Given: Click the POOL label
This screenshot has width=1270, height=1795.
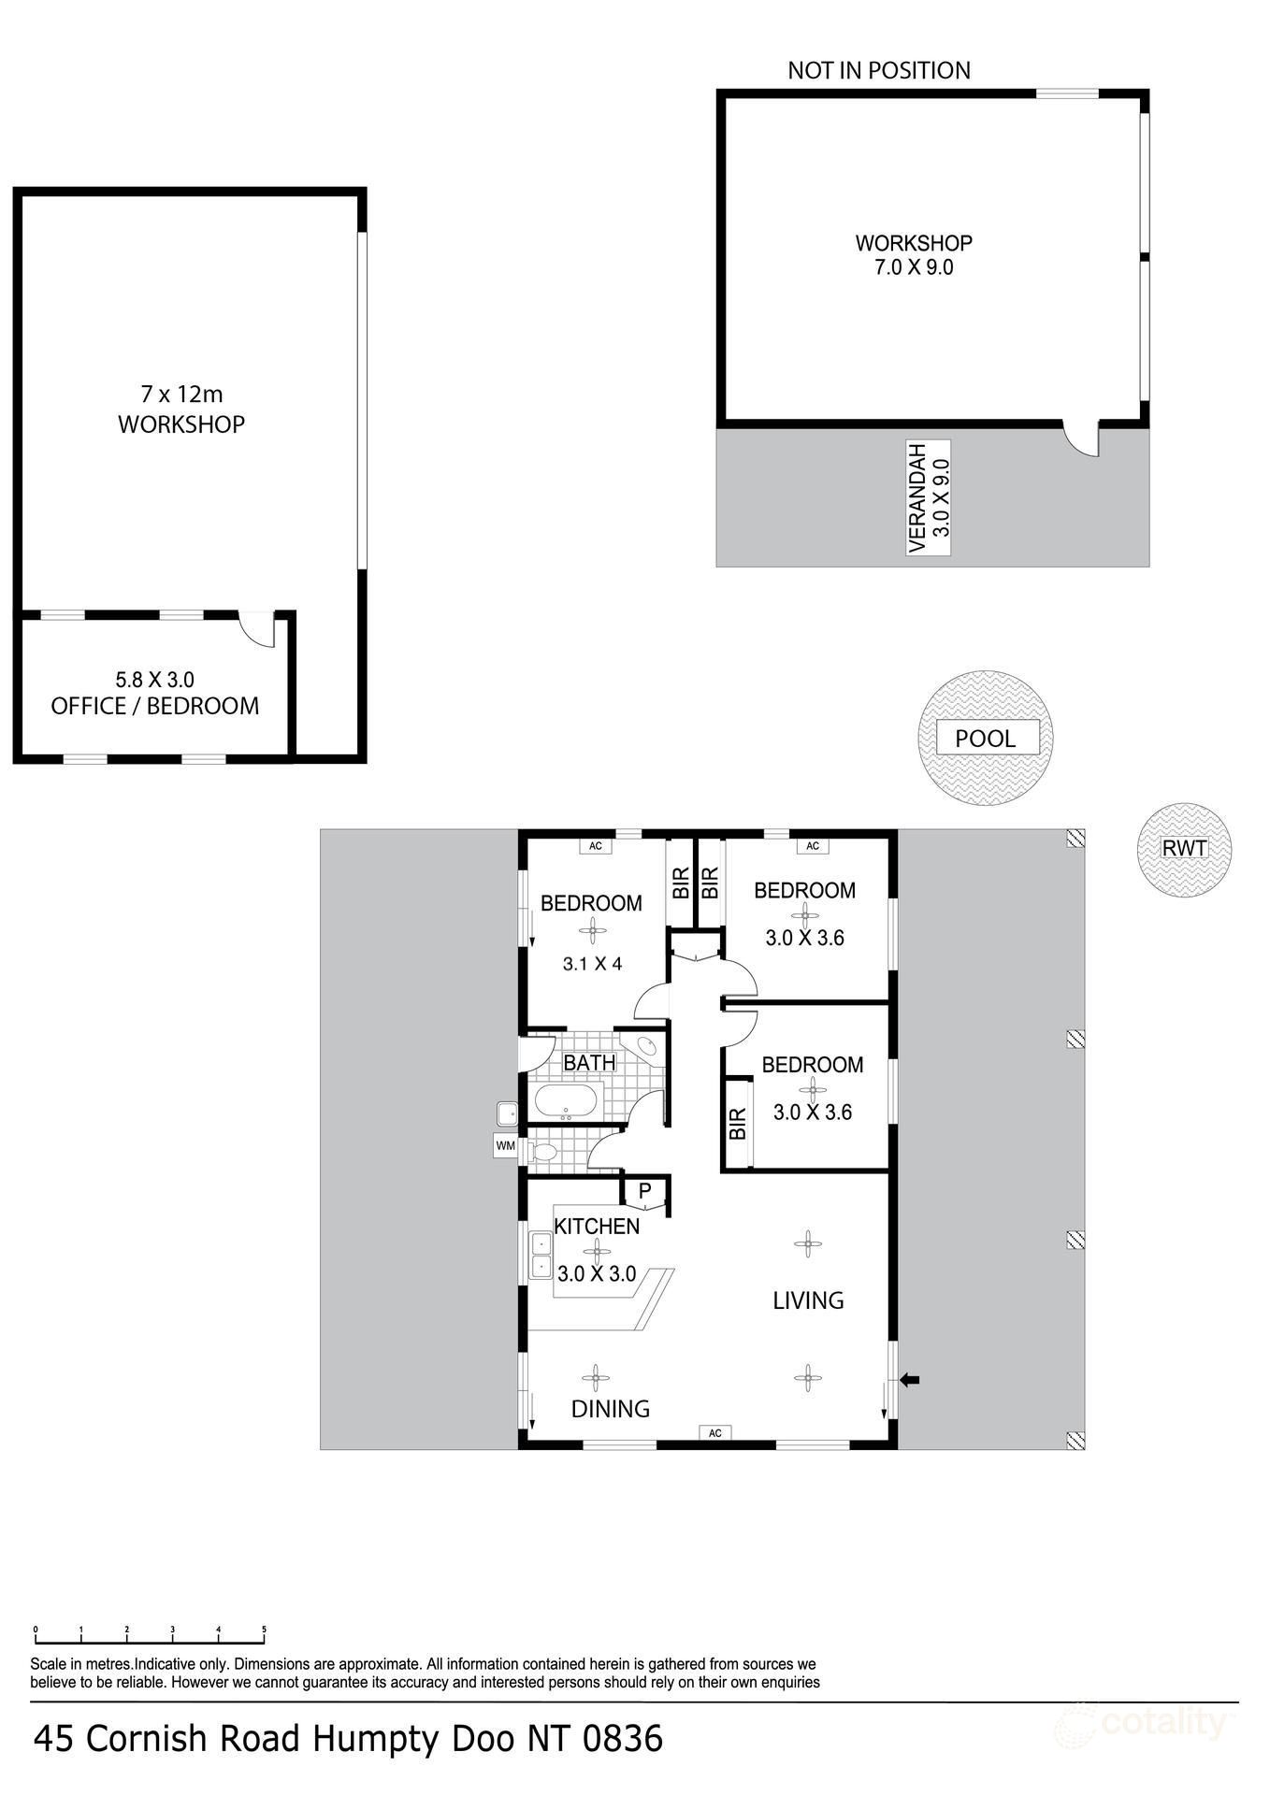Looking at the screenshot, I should click(x=985, y=738).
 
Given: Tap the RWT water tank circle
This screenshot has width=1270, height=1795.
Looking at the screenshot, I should click(x=1184, y=849).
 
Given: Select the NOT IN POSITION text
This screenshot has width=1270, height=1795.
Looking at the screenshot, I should click(x=878, y=70).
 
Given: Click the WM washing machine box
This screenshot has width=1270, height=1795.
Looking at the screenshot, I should click(x=505, y=1144).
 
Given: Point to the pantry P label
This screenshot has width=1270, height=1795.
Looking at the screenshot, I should click(x=644, y=1191).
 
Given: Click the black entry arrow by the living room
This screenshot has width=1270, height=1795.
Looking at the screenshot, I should click(x=909, y=1379).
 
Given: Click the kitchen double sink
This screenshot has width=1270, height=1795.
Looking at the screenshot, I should click(x=541, y=1255).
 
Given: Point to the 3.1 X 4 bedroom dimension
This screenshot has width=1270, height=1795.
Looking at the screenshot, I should click(x=591, y=963).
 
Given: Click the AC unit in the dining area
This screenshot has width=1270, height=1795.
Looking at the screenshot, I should click(x=714, y=1432).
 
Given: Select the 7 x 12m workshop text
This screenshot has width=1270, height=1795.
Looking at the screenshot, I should click(x=181, y=395).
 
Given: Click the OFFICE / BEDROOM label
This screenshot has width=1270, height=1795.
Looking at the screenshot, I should click(x=155, y=706).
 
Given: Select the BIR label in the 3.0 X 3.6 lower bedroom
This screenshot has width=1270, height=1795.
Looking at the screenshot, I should click(x=737, y=1123).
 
